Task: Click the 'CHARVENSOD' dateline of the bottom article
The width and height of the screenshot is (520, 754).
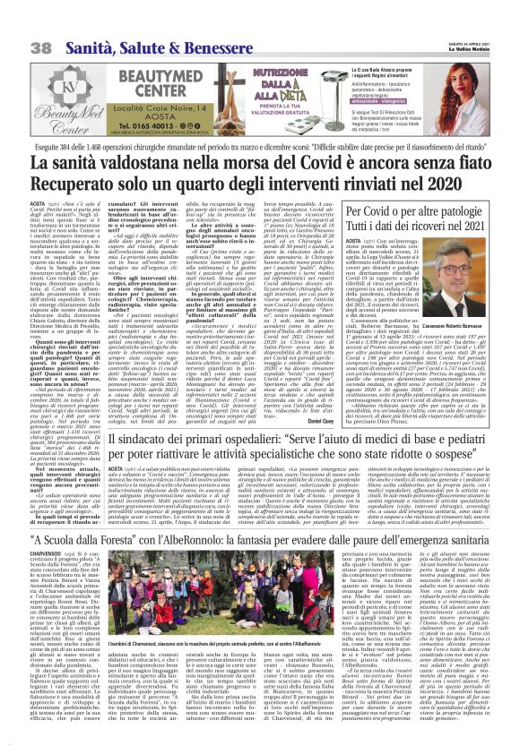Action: [23, 564]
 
